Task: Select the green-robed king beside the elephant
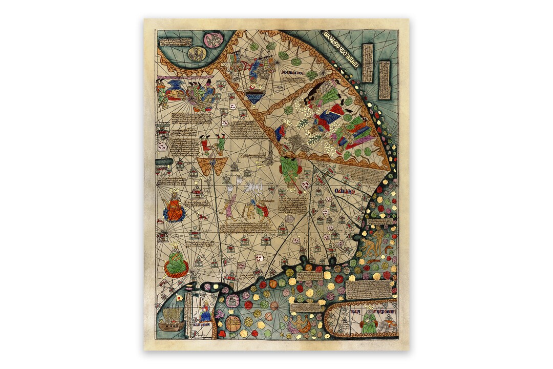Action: [368, 321]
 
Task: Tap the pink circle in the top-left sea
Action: [213, 39]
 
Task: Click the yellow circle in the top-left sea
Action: [197, 53]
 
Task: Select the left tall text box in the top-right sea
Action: [367, 63]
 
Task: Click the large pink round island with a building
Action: [232, 300]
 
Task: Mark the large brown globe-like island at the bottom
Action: [233, 323]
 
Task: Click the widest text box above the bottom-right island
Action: [368, 290]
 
